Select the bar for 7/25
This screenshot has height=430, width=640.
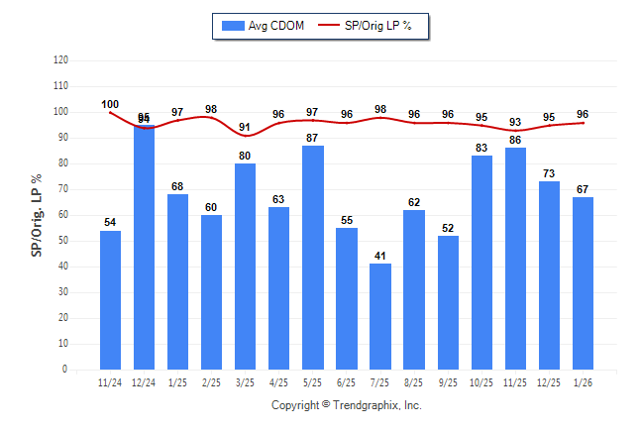click(x=380, y=316)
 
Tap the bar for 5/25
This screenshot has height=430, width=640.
click(x=313, y=258)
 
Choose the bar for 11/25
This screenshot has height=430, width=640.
click(x=515, y=258)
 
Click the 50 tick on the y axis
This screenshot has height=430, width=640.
click(x=62, y=241)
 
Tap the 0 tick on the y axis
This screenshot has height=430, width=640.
click(x=65, y=370)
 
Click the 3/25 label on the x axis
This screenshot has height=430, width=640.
click(x=246, y=382)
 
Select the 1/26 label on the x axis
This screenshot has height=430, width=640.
click(x=583, y=382)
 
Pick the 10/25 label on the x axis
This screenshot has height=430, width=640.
click(x=481, y=382)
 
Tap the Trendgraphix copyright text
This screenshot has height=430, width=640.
click(x=347, y=405)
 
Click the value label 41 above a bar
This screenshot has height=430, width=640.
click(x=380, y=256)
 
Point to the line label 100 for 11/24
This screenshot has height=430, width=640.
click(x=110, y=104)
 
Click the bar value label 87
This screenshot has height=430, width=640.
click(x=313, y=138)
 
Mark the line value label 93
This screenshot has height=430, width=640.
click(x=515, y=122)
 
